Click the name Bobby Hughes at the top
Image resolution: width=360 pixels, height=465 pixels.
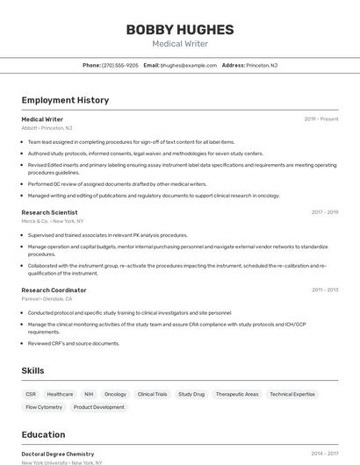180,30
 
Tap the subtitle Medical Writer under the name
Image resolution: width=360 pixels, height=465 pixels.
180,44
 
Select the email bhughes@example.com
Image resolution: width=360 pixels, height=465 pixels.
188,65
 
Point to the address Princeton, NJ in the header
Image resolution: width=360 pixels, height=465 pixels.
262,65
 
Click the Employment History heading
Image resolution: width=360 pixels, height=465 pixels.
65,100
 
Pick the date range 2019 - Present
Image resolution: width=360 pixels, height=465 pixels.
321,118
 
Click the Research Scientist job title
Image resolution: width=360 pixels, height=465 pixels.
49,212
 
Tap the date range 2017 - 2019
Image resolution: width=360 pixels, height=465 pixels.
325,212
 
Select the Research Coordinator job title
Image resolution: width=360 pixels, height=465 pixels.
54,290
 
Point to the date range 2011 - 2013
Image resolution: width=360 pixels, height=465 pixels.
325,290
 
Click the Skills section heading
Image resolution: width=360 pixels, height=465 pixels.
32,371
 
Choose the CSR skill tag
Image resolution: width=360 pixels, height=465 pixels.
31,395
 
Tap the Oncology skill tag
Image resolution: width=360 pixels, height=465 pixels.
115,395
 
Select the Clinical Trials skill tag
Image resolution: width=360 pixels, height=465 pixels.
152,395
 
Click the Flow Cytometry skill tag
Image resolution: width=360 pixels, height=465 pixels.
44,407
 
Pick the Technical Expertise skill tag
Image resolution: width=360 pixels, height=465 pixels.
292,395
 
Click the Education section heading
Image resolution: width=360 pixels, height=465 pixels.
43,434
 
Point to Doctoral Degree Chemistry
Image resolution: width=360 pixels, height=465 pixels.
57,454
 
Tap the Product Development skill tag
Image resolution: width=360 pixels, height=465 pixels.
98,407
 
